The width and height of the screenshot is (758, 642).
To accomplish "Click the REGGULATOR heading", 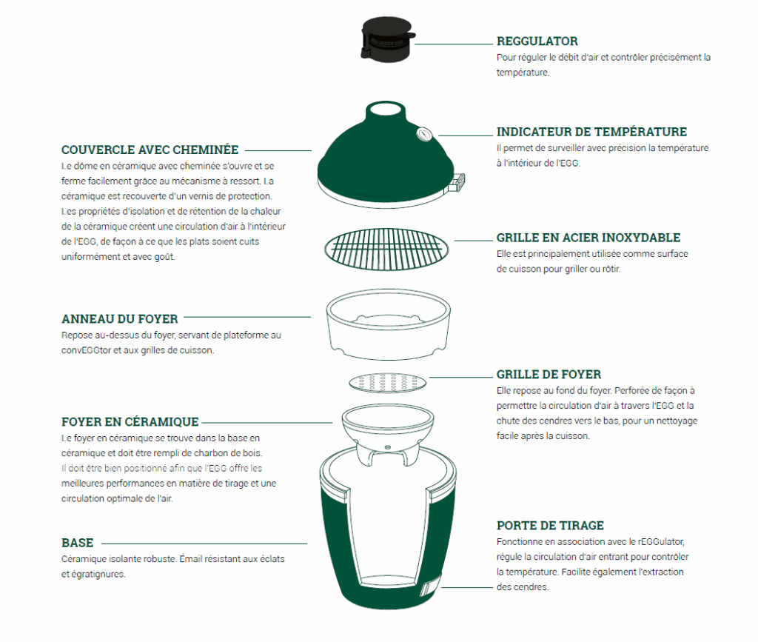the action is click(x=537, y=41).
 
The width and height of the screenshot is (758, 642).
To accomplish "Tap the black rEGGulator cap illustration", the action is click(x=387, y=40).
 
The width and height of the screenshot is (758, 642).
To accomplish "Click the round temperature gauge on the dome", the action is click(x=424, y=134).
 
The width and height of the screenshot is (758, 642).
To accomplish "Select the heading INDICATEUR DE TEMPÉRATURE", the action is click(x=591, y=132).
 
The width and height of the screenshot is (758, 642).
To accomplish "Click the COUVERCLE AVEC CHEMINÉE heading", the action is click(x=150, y=150).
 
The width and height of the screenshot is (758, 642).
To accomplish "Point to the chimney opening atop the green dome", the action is click(x=385, y=108).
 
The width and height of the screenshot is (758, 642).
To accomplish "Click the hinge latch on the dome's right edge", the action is click(x=457, y=183).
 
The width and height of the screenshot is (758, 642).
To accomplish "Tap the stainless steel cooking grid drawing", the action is click(x=386, y=250).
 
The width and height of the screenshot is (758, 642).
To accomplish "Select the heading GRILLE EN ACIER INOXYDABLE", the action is click(x=588, y=238).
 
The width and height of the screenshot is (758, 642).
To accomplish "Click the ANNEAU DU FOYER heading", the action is click(x=120, y=319).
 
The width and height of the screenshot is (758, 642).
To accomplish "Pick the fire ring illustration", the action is click(x=388, y=324).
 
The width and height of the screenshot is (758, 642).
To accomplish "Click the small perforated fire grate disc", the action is click(x=388, y=382).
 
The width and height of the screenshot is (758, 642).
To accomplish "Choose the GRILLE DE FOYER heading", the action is click(x=549, y=374).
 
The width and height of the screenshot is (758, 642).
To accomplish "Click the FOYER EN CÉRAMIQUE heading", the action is click(x=130, y=422).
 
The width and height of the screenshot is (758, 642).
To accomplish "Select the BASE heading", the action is click(x=77, y=543).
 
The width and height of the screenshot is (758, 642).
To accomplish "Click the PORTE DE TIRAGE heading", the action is click(x=550, y=526).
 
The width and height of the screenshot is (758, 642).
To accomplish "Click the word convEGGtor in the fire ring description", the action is click(x=86, y=350).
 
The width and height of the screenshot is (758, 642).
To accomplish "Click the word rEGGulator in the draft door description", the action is click(x=661, y=541).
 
